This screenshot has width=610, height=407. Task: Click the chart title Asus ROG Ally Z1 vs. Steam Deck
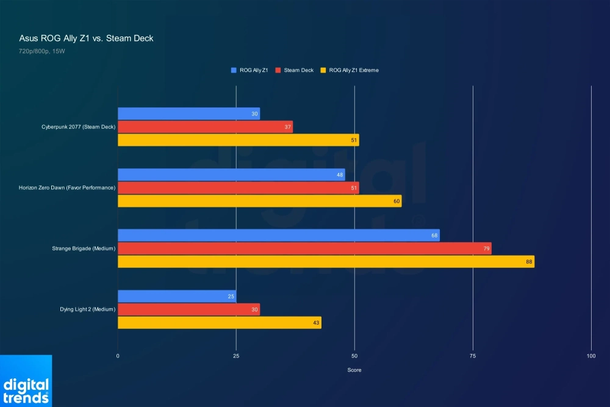(86, 38)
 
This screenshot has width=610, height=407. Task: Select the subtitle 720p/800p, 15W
(42, 52)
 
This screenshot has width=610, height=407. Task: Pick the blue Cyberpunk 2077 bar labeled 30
(188, 113)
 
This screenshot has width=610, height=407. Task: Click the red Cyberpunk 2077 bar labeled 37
(205, 127)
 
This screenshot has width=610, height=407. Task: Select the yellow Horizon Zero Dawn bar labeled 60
(259, 201)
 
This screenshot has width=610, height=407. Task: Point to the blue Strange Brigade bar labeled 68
(278, 236)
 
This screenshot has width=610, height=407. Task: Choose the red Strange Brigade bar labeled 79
(304, 248)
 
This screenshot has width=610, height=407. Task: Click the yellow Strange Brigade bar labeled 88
(326, 262)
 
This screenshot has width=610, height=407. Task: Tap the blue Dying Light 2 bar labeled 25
(177, 297)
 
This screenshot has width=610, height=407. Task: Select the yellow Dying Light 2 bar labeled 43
(219, 323)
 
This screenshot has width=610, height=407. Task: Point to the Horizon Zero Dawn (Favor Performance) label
(67, 187)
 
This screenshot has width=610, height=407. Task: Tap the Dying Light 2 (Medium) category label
(88, 309)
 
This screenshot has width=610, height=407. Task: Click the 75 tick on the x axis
(473, 356)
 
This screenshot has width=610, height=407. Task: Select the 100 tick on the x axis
(591, 356)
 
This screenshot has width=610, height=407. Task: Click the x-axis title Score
(354, 370)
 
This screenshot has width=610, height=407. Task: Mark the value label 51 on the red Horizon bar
(354, 188)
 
